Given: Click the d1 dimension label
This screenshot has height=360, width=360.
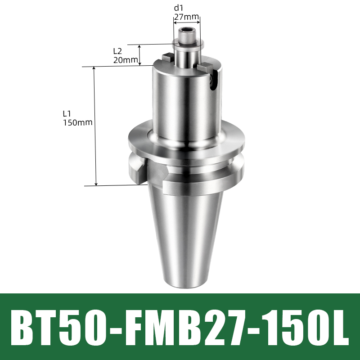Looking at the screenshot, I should click(x=179, y=7).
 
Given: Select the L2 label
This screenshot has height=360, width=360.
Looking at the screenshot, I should click(x=118, y=52).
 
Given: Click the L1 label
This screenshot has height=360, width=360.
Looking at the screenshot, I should click(x=67, y=113).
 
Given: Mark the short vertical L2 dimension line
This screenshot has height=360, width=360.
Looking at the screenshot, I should click(x=140, y=55).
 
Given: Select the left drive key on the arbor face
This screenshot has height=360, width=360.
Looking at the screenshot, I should click(x=168, y=57).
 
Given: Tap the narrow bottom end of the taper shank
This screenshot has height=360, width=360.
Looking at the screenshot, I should click(x=186, y=281).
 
